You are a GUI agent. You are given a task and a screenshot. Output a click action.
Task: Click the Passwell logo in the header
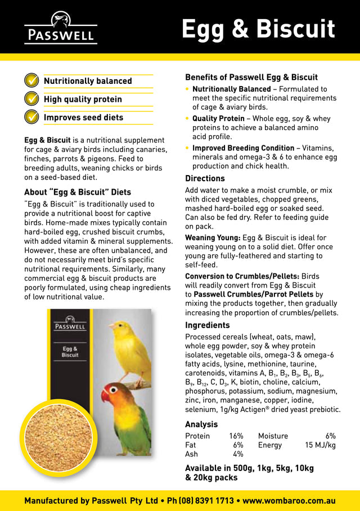pyautogui.click(x=60, y=28)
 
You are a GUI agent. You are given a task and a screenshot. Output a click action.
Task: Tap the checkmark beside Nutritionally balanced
pyautogui.click(x=31, y=80)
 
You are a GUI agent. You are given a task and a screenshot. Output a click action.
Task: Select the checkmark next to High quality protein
pyautogui.click(x=31, y=99)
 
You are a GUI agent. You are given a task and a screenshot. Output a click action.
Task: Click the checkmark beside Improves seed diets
pyautogui.click(x=31, y=117)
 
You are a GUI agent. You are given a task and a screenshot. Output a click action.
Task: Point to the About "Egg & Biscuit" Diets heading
pyautogui.click(x=77, y=192)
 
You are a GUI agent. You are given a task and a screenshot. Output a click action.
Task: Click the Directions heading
pyautogui.click(x=205, y=178)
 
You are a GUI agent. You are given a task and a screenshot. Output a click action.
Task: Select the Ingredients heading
pyautogui.click(x=207, y=325)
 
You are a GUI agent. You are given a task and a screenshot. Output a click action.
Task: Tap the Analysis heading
pyautogui.click(x=201, y=424)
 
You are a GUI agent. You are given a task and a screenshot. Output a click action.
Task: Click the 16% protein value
pyautogui.click(x=236, y=436)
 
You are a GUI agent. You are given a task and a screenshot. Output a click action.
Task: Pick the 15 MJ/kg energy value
pyautogui.click(x=320, y=445)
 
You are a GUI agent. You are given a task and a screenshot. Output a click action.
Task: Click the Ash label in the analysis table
pyautogui.click(x=191, y=454)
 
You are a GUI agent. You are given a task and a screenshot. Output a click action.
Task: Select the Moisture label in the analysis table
pyautogui.click(x=273, y=436)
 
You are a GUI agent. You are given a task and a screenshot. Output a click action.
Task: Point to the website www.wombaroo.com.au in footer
pyautogui.click(x=289, y=500)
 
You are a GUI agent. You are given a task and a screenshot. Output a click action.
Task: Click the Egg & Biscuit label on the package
pyautogui.click(x=70, y=352)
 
